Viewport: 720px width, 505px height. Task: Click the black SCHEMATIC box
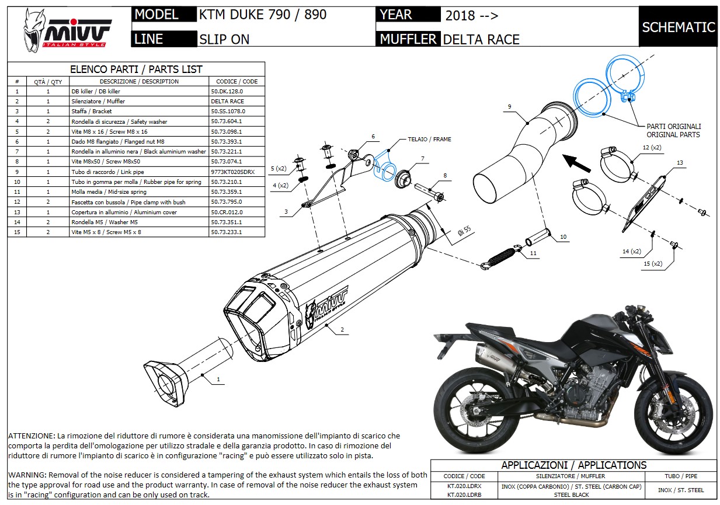pyautogui.click(x=678, y=27)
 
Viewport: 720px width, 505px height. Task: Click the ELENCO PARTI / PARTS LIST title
pyautogui.click(x=136, y=69)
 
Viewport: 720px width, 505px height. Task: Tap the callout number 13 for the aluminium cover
pyautogui.click(x=679, y=162)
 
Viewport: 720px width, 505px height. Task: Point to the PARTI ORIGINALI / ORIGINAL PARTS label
pyautogui.click(x=673, y=130)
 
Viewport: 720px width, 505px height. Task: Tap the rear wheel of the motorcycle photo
pyautogui.click(x=471, y=412)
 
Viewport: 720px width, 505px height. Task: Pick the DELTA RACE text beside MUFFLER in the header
pyautogui.click(x=481, y=40)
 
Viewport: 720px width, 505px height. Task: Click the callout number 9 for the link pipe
pyautogui.click(x=509, y=107)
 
